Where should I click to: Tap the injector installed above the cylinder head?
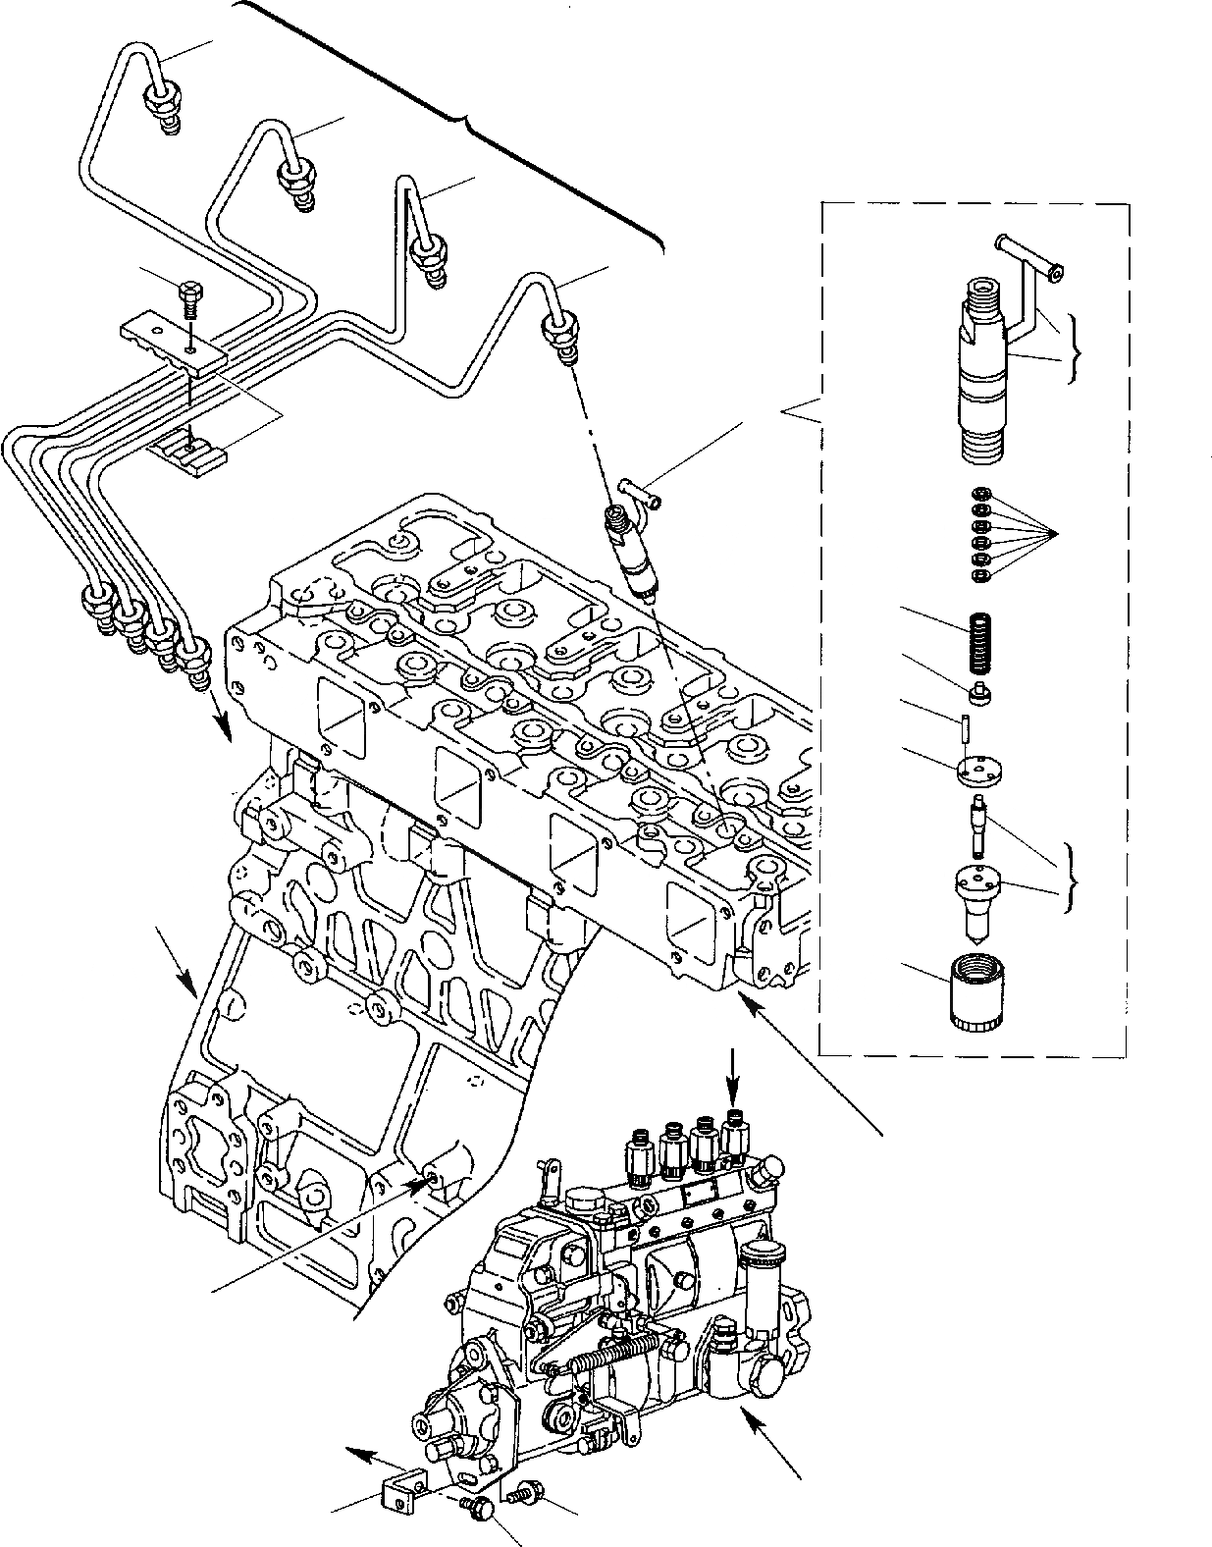click(x=630, y=550)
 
